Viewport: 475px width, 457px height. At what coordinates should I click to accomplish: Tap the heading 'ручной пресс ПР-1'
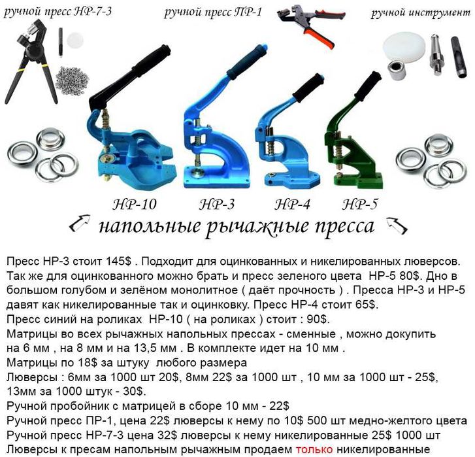click(x=213, y=11)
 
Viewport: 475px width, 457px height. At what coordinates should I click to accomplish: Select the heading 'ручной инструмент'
click(x=421, y=12)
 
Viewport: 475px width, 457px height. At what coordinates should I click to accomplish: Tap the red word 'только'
click(x=314, y=449)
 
